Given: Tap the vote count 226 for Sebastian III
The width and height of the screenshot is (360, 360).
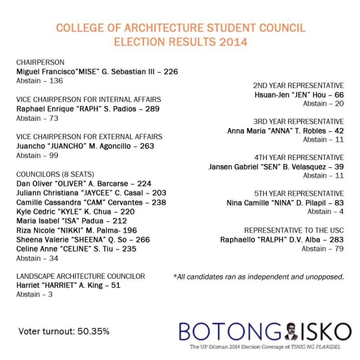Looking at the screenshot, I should pos(171,71).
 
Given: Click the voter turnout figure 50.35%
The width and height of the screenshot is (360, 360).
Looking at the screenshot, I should pos(93,331).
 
